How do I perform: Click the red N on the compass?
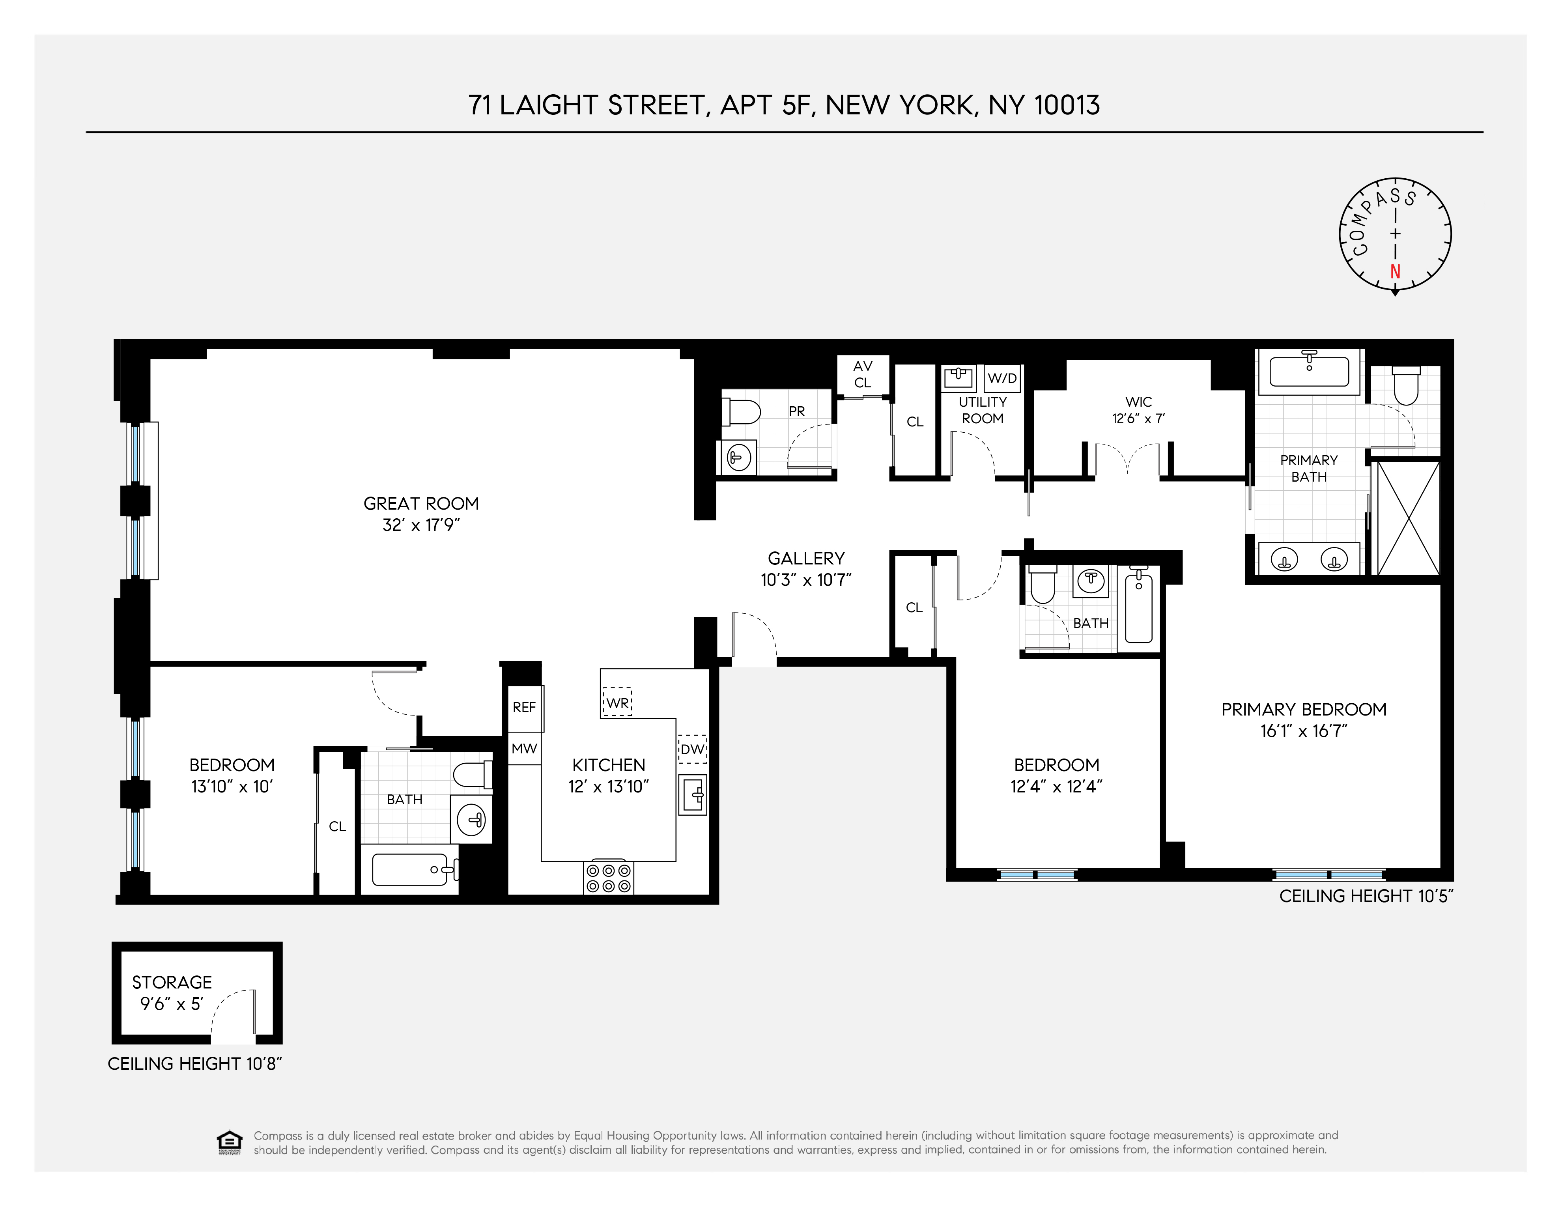tap(1395, 272)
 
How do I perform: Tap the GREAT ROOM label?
tap(421, 503)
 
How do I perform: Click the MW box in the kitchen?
tap(524, 749)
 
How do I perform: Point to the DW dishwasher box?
tap(692, 749)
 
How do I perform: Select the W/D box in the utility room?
tap(1002, 378)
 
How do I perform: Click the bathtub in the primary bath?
tap(1309, 372)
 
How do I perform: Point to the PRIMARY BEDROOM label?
tap(1304, 709)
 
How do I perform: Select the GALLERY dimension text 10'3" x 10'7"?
tap(806, 580)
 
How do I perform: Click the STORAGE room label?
tap(172, 983)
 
